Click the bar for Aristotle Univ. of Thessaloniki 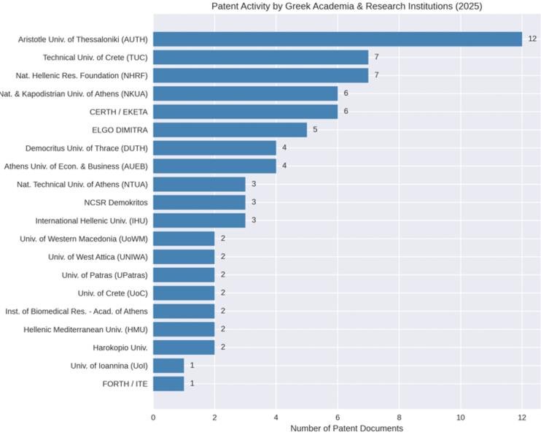[338, 39]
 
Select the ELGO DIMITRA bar [230, 130]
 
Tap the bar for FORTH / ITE [168, 383]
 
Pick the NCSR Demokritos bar [199, 202]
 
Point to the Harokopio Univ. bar [184, 347]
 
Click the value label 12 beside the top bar [532, 39]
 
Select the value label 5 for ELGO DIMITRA [315, 130]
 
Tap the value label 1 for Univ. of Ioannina [192, 366]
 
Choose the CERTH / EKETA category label [118, 112]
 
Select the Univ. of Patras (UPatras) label [105, 275]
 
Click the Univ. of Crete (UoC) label [113, 293]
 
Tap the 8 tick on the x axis [400, 417]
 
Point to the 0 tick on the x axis [153, 417]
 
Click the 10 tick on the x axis [461, 417]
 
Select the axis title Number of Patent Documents [346, 428]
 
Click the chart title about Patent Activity [346, 7]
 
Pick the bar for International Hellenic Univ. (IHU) [199, 220]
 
